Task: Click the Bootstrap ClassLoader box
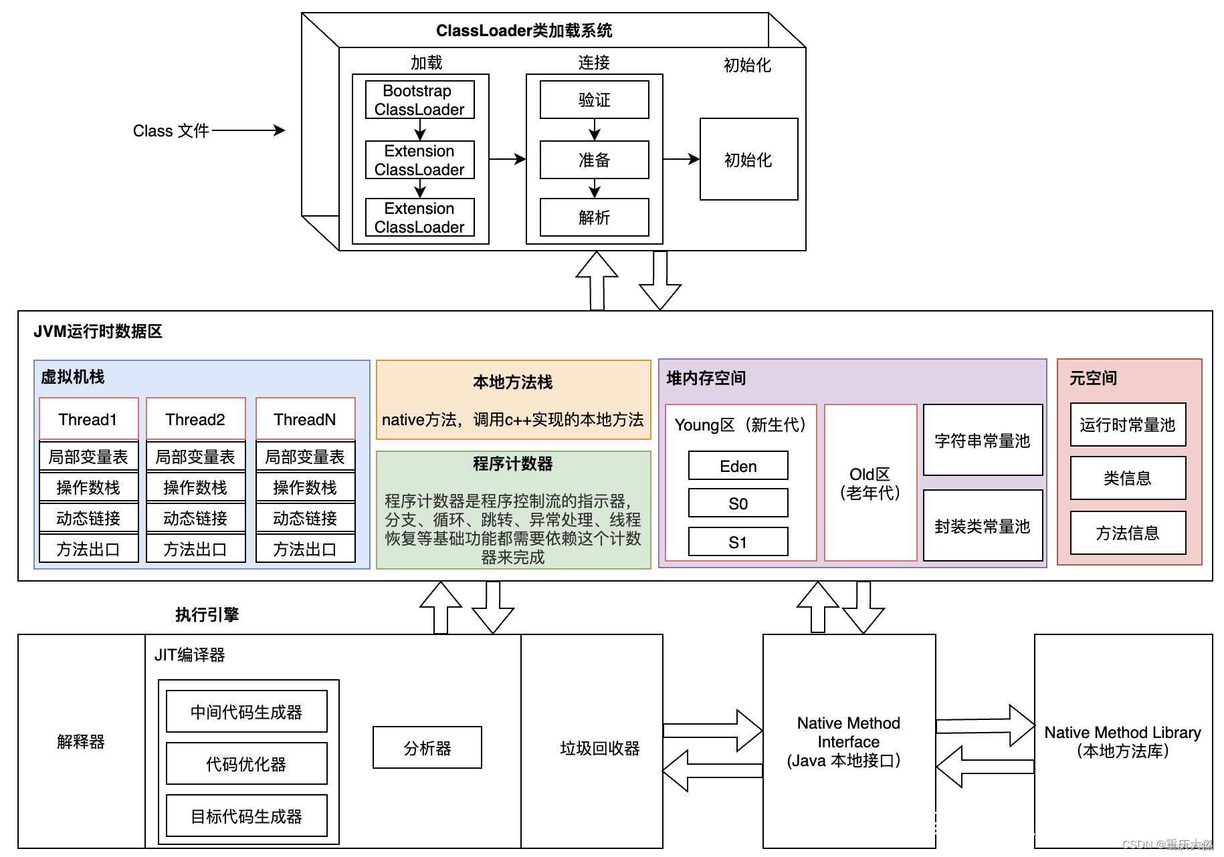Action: pyautogui.click(x=419, y=100)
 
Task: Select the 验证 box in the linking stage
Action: pyautogui.click(x=594, y=100)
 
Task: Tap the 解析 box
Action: pyautogui.click(x=594, y=217)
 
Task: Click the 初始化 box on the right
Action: pyautogui.click(x=748, y=159)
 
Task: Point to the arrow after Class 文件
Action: pyautogui.click(x=248, y=130)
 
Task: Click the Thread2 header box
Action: pyautogui.click(x=195, y=419)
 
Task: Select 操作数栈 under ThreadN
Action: pyautogui.click(x=305, y=487)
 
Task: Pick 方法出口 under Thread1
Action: pyautogui.click(x=88, y=549)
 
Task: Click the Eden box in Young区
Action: pyautogui.click(x=738, y=466)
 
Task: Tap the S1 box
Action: pyautogui.click(x=738, y=542)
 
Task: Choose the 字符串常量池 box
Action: pyautogui.click(x=983, y=440)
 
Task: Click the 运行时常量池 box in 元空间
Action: pyautogui.click(x=1128, y=424)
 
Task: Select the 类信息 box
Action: pyautogui.click(x=1128, y=478)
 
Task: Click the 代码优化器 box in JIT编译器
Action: pyautogui.click(x=246, y=763)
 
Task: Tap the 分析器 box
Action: pyautogui.click(x=427, y=747)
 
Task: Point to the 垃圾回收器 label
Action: pyautogui.click(x=600, y=748)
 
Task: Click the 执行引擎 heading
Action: pyautogui.click(x=207, y=614)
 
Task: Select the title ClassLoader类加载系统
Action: pyautogui.click(x=524, y=31)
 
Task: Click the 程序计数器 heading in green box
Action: pyautogui.click(x=513, y=463)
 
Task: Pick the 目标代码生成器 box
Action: pyautogui.click(x=246, y=816)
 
